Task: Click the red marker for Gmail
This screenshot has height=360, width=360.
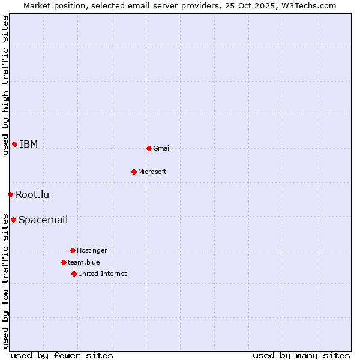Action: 149,148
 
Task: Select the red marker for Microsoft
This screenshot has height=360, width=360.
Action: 134,172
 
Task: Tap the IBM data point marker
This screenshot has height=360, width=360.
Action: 14,144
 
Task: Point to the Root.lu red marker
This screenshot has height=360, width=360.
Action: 10,194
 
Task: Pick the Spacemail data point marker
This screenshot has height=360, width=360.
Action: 13,220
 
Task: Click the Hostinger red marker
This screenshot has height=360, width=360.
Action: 73,250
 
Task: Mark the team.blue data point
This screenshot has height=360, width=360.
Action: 64,262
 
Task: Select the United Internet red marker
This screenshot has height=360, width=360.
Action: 74,274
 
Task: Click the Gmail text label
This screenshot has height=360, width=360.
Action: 162,148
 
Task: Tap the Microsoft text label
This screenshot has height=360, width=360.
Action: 152,172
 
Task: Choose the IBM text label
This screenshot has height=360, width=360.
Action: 29,144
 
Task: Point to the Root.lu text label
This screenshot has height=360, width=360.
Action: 32,194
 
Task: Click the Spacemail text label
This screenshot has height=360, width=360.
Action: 43,220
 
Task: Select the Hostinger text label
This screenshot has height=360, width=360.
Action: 92,250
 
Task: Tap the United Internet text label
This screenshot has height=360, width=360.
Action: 103,274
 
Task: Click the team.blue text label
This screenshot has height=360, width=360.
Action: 84,262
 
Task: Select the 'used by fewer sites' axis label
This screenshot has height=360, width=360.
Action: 62,355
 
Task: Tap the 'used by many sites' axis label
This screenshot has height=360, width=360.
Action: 301,355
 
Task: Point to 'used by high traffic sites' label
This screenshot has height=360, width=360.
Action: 5,85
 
